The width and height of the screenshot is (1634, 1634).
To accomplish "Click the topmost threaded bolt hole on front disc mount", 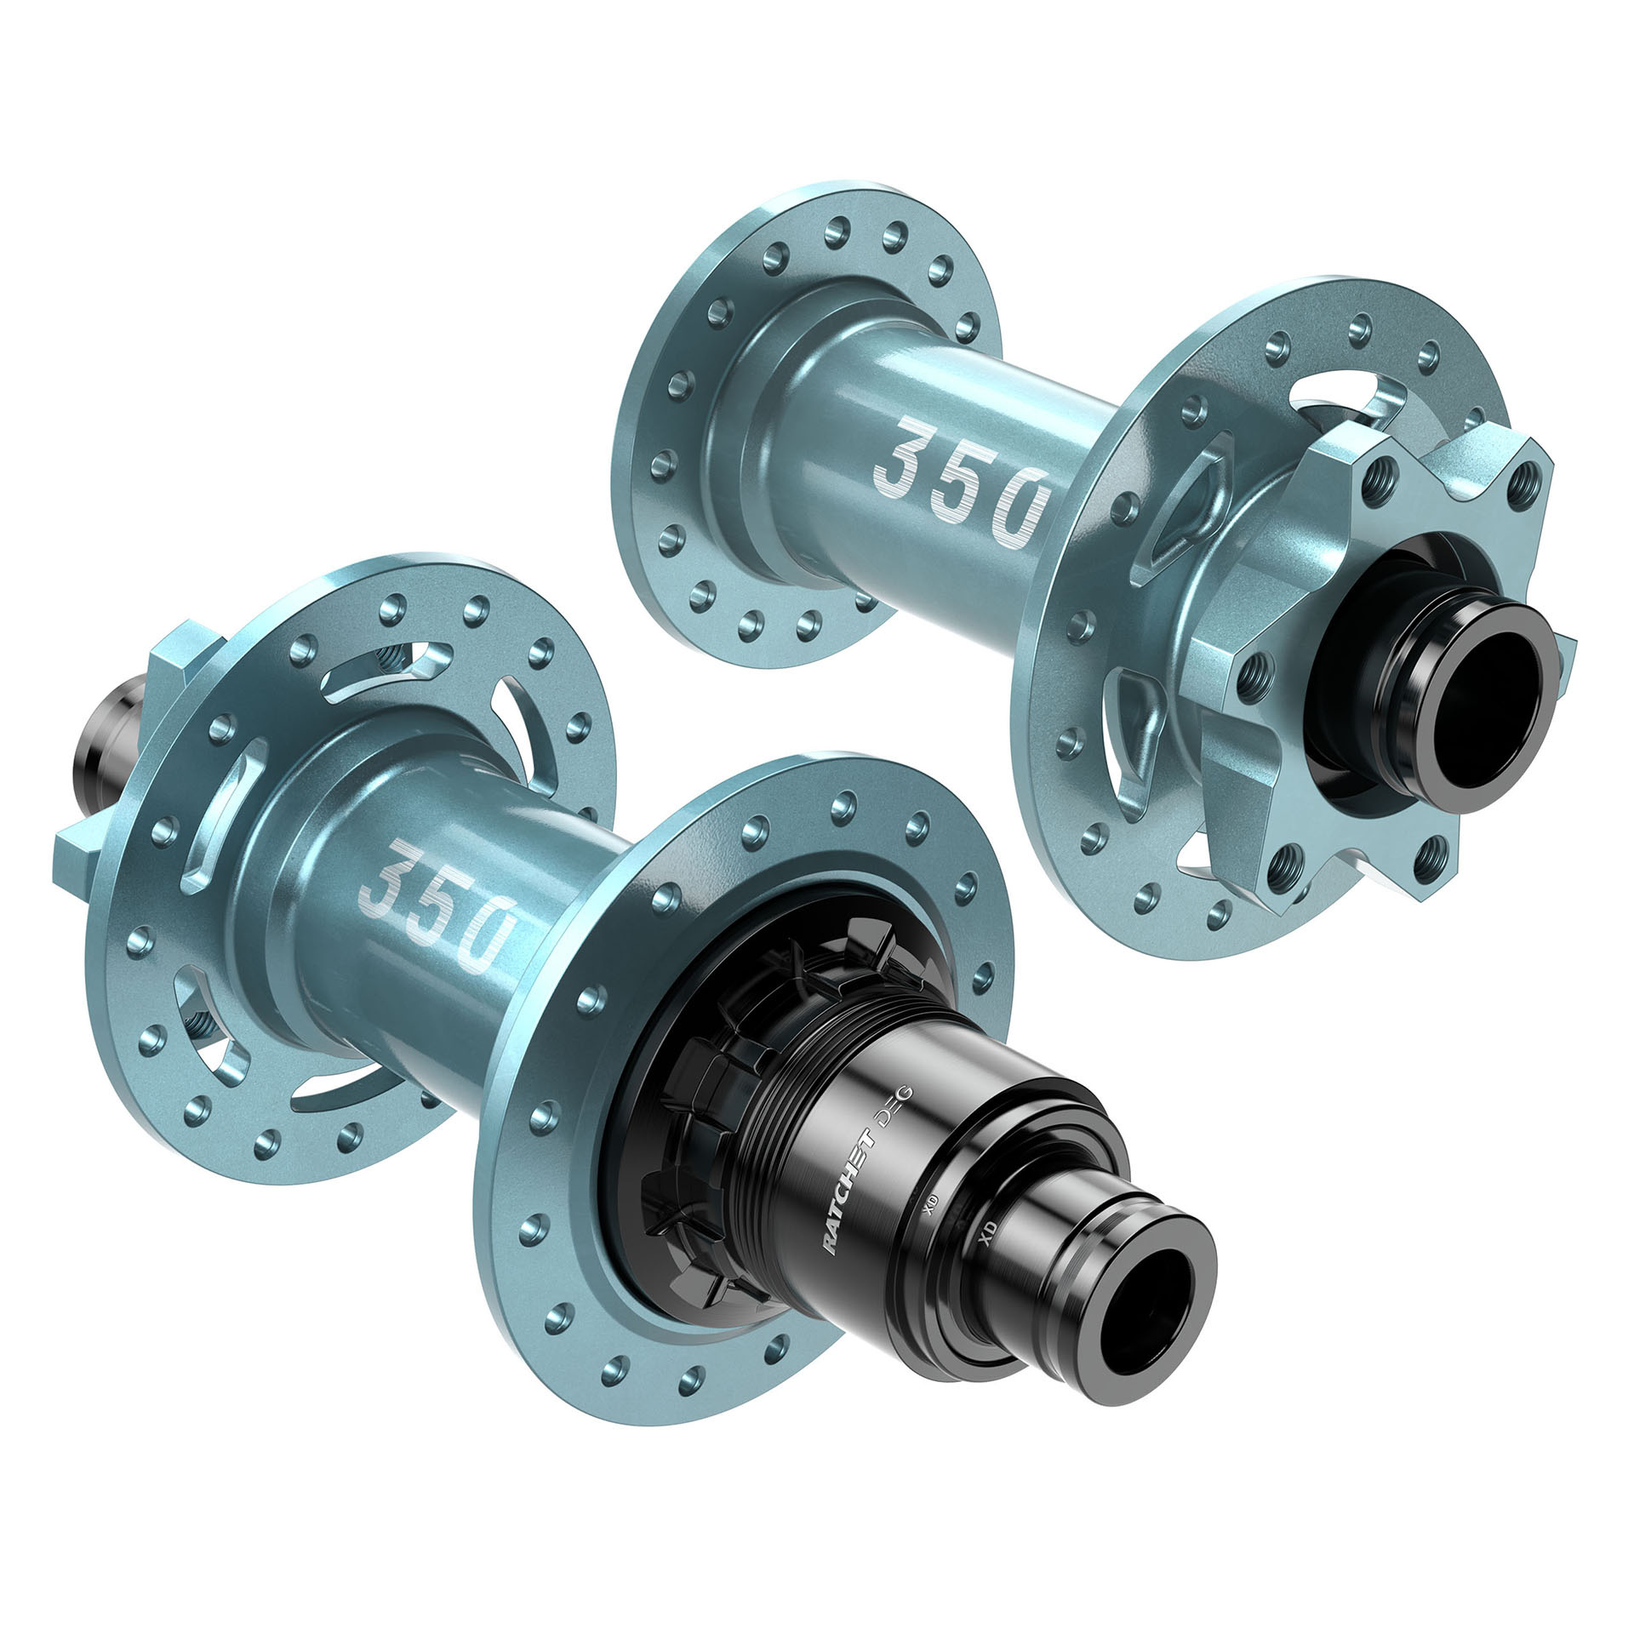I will pyautogui.click(x=1384, y=470).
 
